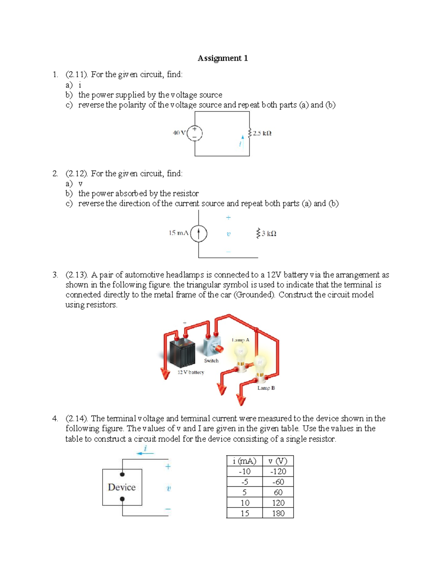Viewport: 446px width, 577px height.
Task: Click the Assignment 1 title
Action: [223, 58]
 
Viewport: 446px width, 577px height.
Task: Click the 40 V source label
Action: [179, 133]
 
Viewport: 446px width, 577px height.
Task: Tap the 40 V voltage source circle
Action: [195, 133]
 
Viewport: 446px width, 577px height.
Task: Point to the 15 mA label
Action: [178, 233]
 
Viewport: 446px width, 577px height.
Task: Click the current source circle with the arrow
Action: [199, 234]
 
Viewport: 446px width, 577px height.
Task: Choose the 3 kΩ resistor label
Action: [269, 234]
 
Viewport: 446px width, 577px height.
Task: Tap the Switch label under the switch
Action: [211, 361]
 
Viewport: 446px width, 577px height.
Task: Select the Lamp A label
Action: [240, 340]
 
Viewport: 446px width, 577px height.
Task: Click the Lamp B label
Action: [266, 388]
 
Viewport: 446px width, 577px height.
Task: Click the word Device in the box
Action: [122, 487]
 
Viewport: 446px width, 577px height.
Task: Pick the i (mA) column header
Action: [244, 461]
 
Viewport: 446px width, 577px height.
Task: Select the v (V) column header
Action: [278, 461]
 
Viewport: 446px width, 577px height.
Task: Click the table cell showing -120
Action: [278, 471]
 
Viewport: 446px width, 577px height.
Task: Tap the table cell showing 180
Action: [278, 513]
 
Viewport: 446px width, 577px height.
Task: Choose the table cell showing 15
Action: [245, 513]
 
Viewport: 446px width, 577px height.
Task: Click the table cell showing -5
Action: [245, 482]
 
